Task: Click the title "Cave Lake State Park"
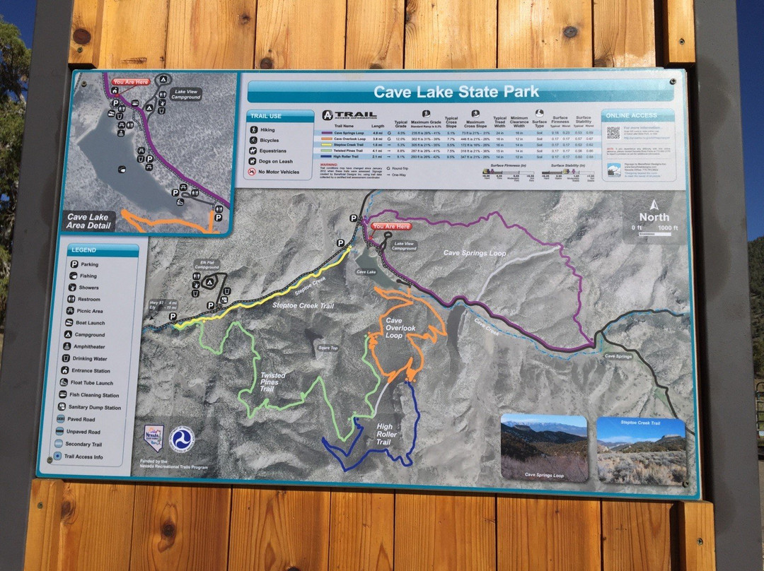click(456, 92)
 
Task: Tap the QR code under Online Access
click(613, 132)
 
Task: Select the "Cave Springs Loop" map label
click(475, 252)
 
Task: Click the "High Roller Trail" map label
click(383, 434)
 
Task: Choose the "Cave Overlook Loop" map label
click(400, 328)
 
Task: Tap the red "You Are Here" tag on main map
click(390, 226)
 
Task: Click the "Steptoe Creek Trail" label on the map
click(303, 305)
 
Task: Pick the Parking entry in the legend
click(90, 264)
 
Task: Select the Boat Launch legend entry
click(92, 323)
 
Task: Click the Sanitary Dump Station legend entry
click(94, 408)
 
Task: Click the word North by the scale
click(654, 217)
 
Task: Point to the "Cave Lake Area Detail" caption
click(89, 221)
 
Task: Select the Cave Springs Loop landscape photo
click(543, 448)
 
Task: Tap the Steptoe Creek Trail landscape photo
click(641, 451)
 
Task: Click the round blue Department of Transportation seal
click(183, 439)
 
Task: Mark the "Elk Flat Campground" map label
click(207, 267)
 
